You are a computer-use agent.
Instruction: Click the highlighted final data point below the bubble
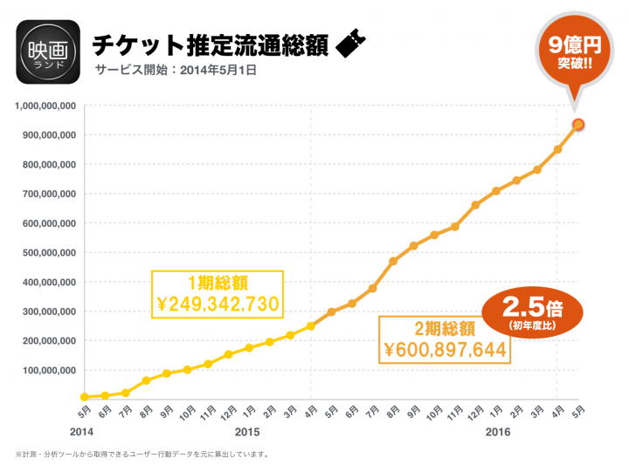tap(578, 125)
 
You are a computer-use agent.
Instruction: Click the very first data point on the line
tap(84, 397)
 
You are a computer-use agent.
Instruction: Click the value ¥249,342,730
tap(218, 304)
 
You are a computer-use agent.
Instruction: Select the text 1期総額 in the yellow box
tap(218, 283)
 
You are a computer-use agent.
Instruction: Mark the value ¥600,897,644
tap(444, 350)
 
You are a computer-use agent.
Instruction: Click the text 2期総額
tap(444, 329)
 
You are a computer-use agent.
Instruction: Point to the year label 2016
tap(498, 432)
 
